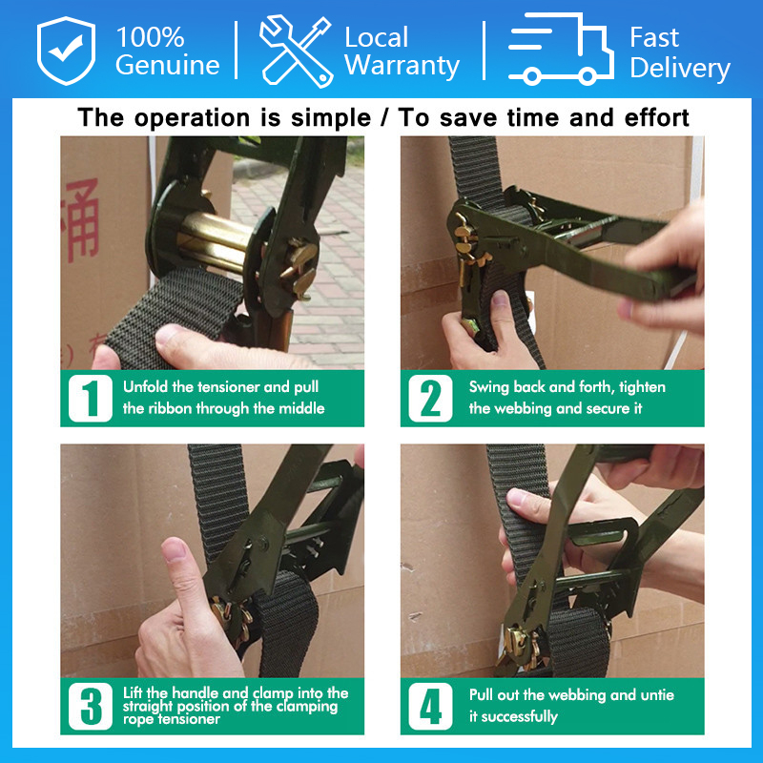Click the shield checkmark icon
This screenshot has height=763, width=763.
[66, 51]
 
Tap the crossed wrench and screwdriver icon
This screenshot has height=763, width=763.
[296, 52]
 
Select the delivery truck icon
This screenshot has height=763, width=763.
[560, 49]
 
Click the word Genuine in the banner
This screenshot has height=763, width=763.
[168, 65]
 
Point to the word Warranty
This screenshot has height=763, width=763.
[402, 66]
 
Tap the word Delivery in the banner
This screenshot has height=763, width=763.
[680, 68]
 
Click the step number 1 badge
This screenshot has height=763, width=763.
[91, 398]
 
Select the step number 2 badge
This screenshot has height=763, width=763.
[430, 398]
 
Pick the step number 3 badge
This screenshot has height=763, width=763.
[91, 706]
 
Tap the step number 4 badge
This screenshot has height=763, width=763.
[430, 706]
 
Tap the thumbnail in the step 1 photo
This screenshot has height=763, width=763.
[171, 335]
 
